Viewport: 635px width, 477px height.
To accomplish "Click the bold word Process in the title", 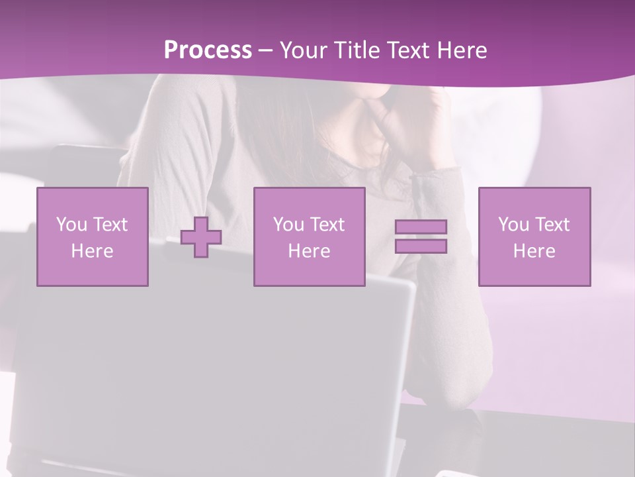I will [208, 50].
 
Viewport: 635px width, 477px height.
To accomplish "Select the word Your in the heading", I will [305, 50].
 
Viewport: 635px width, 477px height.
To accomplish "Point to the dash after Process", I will [266, 51].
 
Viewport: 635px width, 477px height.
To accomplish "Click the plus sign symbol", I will [201, 237].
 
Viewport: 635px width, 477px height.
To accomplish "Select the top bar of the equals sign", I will [421, 227].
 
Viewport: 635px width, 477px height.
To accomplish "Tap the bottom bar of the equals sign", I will [421, 246].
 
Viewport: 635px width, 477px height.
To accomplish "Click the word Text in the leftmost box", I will [111, 225].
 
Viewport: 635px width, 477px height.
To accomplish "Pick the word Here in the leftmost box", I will [92, 251].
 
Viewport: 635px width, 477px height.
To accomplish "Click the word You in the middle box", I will [288, 225].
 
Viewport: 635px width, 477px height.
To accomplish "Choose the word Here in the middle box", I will [309, 251].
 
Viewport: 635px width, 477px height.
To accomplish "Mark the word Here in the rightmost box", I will [534, 251].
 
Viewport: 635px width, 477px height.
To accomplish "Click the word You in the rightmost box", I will [513, 225].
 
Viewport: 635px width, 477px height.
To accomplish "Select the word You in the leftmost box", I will [71, 225].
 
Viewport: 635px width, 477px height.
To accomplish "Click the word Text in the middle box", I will [328, 225].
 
